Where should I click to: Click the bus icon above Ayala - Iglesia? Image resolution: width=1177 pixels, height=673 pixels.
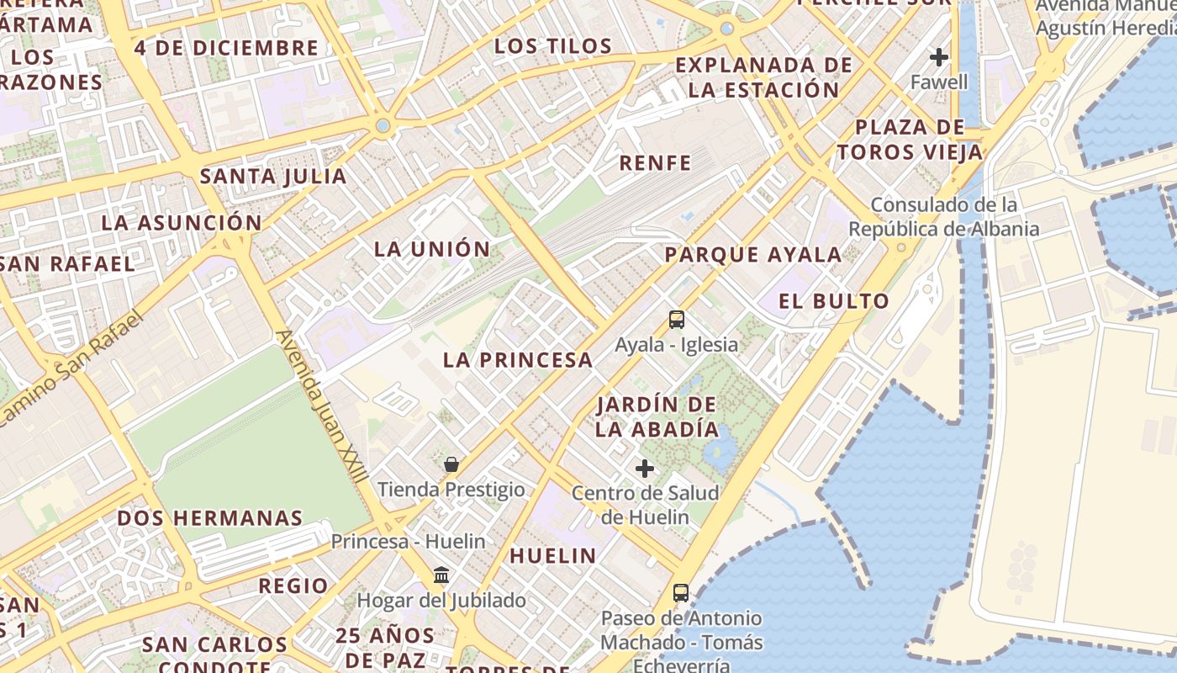[677, 320]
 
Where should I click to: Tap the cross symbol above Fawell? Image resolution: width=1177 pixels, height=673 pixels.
[939, 57]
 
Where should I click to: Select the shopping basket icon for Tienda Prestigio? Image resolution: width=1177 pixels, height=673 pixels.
[451, 464]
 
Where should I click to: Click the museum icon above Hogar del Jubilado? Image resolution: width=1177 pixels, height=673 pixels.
[441, 575]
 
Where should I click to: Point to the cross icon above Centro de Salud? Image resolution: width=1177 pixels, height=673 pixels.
[645, 469]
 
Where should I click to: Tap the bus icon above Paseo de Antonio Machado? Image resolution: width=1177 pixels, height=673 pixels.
[681, 593]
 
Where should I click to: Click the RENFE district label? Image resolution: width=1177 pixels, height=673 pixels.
[655, 163]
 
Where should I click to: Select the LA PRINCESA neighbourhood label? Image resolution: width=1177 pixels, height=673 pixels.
[518, 361]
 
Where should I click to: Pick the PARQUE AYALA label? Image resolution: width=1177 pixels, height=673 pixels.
[752, 255]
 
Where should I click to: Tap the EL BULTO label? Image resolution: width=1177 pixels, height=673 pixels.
[833, 301]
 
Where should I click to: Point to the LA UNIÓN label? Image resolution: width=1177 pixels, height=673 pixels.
[432, 249]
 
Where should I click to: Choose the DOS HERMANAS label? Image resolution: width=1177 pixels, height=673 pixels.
[209, 518]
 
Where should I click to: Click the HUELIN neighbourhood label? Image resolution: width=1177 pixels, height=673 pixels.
[553, 556]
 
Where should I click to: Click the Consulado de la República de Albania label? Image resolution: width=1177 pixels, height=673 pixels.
[943, 217]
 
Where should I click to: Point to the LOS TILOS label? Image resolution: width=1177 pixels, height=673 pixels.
[552, 46]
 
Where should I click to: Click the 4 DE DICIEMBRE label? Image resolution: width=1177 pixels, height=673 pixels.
[226, 48]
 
